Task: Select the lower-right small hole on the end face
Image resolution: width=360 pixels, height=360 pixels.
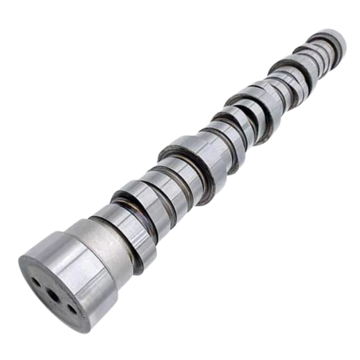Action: click(72, 308)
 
